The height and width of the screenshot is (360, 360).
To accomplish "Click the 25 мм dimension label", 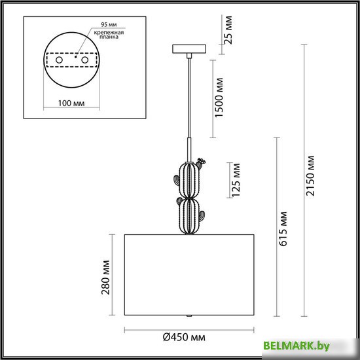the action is pos(228,30).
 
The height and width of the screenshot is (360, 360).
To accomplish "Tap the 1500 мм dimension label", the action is pos(219,98).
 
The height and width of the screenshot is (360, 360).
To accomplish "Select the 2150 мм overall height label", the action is pos(310,176).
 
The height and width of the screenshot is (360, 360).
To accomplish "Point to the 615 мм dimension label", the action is pos(283,228).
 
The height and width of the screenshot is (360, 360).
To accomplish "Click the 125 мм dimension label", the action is pos(236,180).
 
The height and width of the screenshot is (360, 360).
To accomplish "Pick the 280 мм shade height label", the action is pos(105,278).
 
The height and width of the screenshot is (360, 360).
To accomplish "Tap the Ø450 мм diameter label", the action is pos(184,337).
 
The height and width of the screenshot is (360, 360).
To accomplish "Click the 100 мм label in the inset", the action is pos(71,103).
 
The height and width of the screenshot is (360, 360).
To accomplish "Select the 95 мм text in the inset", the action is pos(109,24).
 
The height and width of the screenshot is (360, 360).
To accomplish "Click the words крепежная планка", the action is pos(109,35).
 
